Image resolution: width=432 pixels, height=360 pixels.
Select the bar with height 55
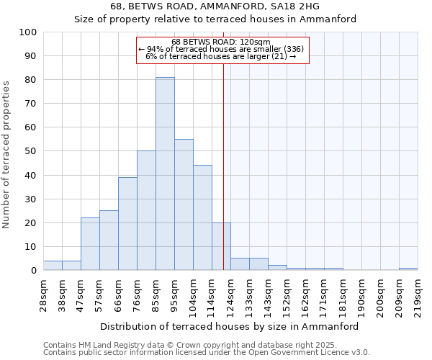click(184, 204)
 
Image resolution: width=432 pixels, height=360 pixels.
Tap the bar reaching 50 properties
click(146, 210)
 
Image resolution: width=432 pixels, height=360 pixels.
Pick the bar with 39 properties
click(127, 223)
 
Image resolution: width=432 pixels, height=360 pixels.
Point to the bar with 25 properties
click(109, 240)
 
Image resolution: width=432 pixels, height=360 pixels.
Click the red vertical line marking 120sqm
click(223, 144)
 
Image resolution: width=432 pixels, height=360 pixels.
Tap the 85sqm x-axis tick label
click(156, 293)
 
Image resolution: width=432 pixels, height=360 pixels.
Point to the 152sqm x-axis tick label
click(287, 293)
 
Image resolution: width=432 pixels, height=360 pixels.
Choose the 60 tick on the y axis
click(30, 127)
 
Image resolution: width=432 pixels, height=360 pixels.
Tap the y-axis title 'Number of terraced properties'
click(6, 154)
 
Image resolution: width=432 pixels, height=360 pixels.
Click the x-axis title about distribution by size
click(229, 326)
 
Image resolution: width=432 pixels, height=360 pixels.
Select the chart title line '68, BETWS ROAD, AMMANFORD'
click(215, 6)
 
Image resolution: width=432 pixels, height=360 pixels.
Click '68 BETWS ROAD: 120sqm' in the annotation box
click(221, 42)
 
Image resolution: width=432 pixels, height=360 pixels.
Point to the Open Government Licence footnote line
click(207, 352)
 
